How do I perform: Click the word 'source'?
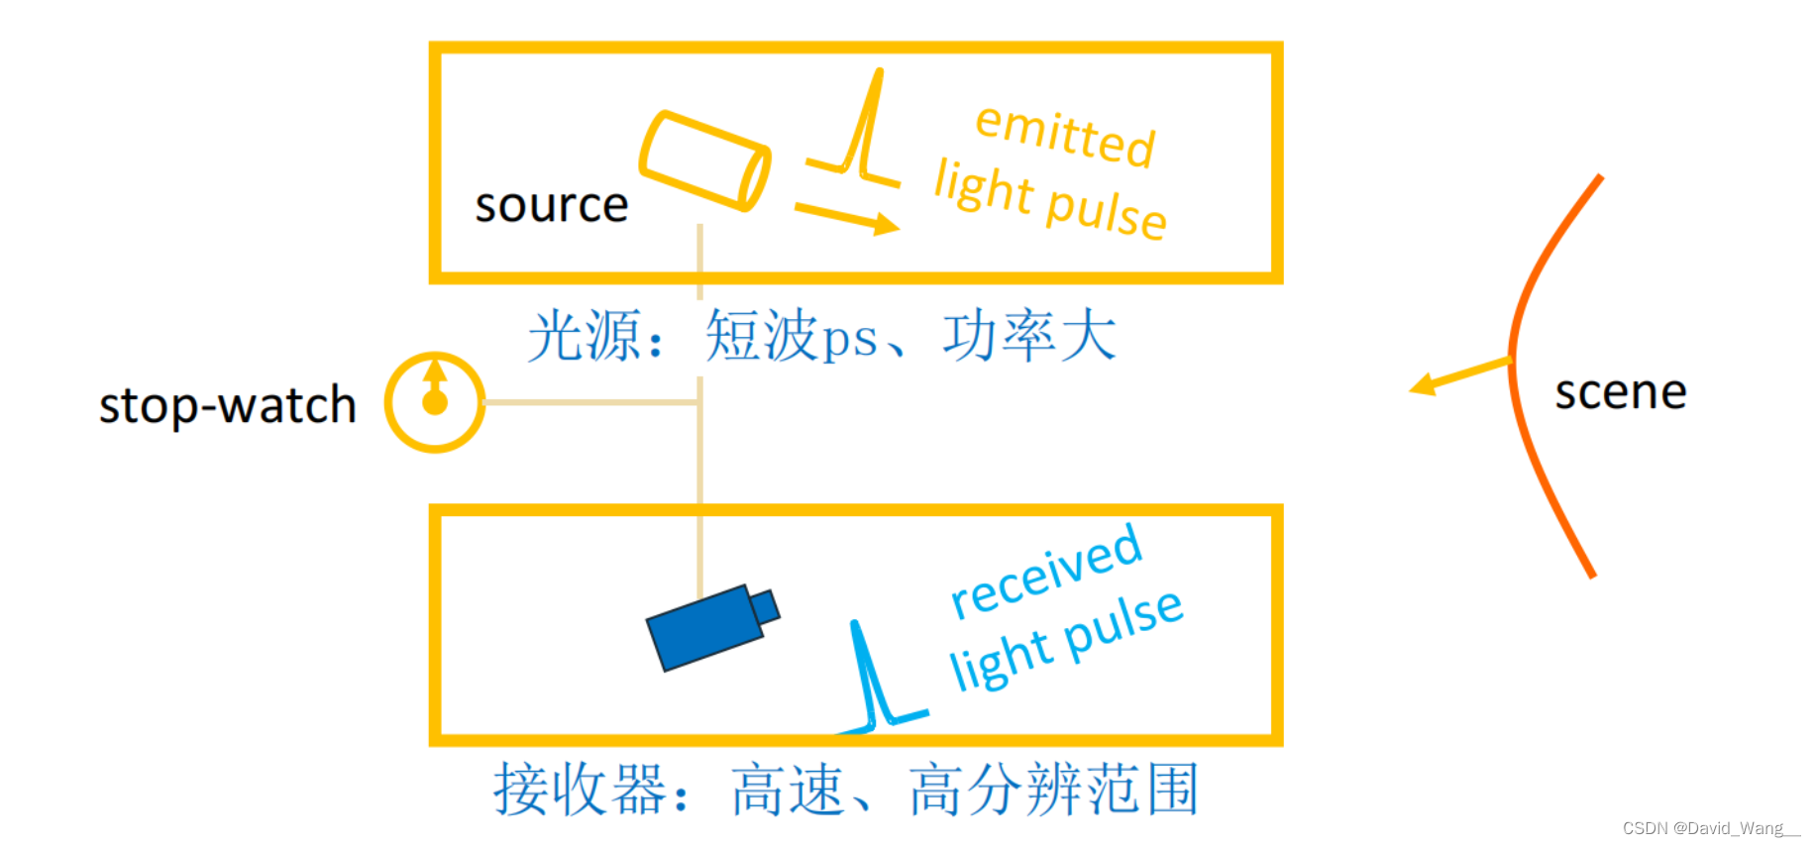click(551, 206)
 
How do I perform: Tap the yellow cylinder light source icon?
click(704, 160)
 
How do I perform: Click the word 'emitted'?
click(1065, 136)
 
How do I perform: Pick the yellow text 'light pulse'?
click(1050, 200)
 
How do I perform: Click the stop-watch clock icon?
click(434, 402)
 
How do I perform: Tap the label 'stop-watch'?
click(227, 405)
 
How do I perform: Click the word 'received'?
click(1045, 573)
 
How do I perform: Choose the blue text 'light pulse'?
click(1065, 640)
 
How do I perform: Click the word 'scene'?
click(1620, 392)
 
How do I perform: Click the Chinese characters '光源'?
click(585, 336)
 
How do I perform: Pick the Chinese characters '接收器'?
click(580, 790)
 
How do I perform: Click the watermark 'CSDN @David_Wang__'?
click(1710, 828)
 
